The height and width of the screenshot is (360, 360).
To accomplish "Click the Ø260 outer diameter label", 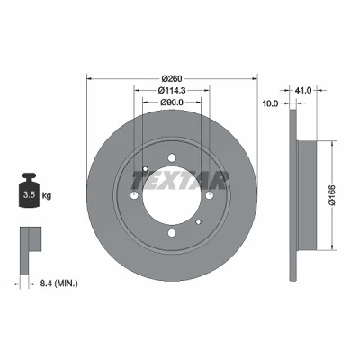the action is pos(172,79).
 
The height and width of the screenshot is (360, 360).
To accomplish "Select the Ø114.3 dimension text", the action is pos(172,90).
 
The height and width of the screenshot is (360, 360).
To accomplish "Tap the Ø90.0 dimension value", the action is pos(172,103).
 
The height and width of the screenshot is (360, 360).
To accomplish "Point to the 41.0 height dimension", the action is pos(303,90).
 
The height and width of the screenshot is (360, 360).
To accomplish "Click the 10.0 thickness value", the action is pos(270,103).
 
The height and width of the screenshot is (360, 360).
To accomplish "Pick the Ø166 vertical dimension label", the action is pos(332,195).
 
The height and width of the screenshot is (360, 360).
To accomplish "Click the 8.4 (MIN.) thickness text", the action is pos(58,283).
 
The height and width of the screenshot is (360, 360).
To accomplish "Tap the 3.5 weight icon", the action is pos(29,190).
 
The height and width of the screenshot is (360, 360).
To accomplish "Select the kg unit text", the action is pos(47,196).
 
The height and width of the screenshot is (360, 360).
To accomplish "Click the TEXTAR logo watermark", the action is pos(179,181).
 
